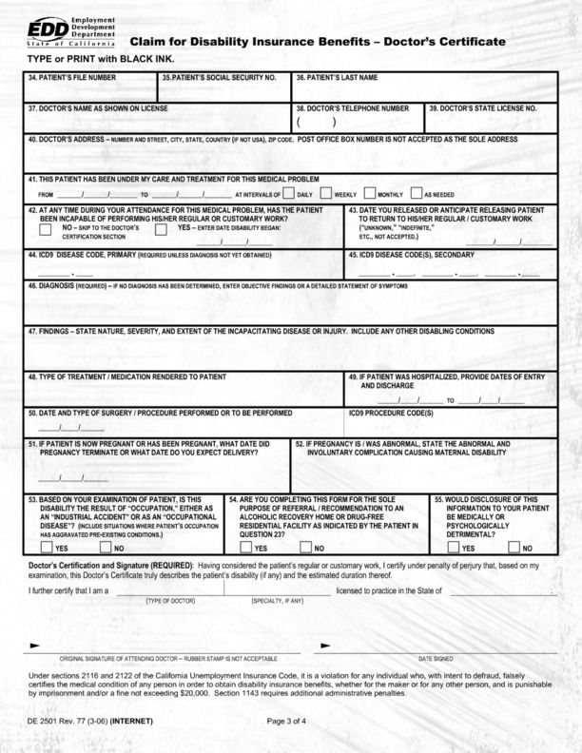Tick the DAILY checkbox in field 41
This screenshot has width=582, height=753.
pyautogui.click(x=288, y=192)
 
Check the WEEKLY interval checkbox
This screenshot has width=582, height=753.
pyautogui.click(x=326, y=192)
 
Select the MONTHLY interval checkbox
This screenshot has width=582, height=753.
pyautogui.click(x=370, y=192)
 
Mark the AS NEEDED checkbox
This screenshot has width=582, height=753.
pyautogui.click(x=415, y=192)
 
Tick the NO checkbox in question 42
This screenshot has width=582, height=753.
pyautogui.click(x=53, y=228)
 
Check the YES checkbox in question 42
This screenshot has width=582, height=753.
pyautogui.click(x=161, y=228)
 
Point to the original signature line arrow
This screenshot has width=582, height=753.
pyautogui.click(x=34, y=646)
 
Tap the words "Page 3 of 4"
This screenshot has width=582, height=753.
pyautogui.click(x=287, y=720)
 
